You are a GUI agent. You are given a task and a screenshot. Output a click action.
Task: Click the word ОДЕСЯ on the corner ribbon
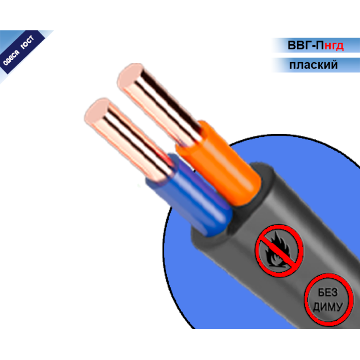11,57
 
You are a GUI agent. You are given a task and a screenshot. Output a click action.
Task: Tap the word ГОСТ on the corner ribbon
27,42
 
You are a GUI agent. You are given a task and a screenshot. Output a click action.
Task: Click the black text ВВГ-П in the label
305,45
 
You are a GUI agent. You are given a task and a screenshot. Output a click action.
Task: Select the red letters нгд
334,46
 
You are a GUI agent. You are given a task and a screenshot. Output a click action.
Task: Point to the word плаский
313,65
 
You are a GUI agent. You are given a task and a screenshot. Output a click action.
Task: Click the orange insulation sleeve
218,163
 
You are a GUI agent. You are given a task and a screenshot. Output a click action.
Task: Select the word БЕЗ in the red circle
328,292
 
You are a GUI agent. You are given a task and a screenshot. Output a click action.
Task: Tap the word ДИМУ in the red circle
328,307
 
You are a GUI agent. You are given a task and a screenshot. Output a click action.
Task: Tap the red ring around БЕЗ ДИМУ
307,300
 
